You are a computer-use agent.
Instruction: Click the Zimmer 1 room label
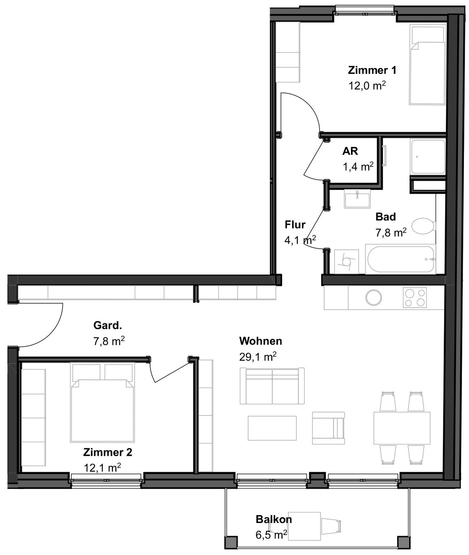coord(372,70)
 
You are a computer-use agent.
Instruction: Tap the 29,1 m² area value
coord(258,357)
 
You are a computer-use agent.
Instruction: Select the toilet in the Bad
coord(423,226)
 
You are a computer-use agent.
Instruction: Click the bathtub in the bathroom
coord(400,259)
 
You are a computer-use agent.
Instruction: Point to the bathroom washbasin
coord(357,199)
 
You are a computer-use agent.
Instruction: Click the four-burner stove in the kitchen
coord(415,298)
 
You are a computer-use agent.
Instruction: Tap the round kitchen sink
coord(374,298)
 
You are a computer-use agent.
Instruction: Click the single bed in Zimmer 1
coord(428,64)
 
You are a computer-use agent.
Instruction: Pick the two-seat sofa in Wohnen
coord(272,386)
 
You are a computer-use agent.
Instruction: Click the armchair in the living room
coord(328,428)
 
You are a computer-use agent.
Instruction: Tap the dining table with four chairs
coord(402,428)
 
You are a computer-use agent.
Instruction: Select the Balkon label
coord(274,519)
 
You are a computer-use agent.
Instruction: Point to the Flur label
coord(295,225)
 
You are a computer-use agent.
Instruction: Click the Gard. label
coord(107,325)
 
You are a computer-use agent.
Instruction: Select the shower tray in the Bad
coord(428,157)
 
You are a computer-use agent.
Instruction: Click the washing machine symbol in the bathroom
coord(346,261)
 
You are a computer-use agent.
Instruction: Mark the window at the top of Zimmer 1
coord(365,9)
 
